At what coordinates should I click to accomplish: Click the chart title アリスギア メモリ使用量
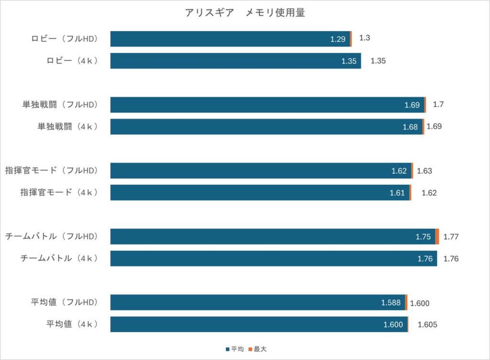click(245, 13)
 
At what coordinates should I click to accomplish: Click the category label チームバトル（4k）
click(59, 259)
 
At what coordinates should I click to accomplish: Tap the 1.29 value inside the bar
click(338, 39)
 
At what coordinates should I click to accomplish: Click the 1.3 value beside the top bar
click(365, 38)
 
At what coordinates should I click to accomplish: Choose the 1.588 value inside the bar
click(391, 303)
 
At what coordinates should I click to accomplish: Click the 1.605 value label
click(427, 325)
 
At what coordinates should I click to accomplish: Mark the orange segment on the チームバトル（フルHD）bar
click(437, 236)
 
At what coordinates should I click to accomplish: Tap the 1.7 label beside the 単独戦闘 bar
click(438, 104)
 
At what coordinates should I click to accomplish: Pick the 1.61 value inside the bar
click(397, 193)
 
